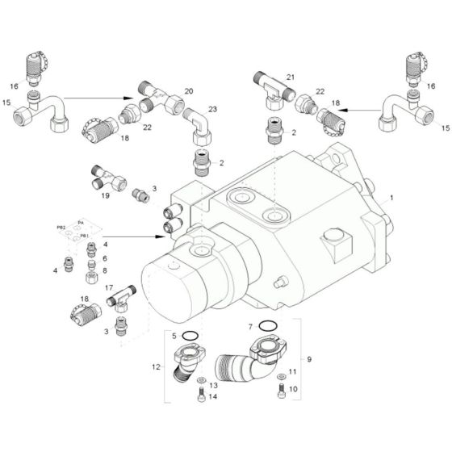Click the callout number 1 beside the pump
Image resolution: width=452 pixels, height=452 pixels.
point(393,198)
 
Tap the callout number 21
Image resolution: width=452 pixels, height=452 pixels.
point(291,77)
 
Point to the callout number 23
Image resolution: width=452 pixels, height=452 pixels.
point(212,109)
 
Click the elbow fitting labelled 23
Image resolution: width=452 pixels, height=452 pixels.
point(199,124)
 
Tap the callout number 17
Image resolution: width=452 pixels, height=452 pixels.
point(108,287)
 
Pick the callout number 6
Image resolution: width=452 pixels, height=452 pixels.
point(103,257)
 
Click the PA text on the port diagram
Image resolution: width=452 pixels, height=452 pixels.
point(80,221)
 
